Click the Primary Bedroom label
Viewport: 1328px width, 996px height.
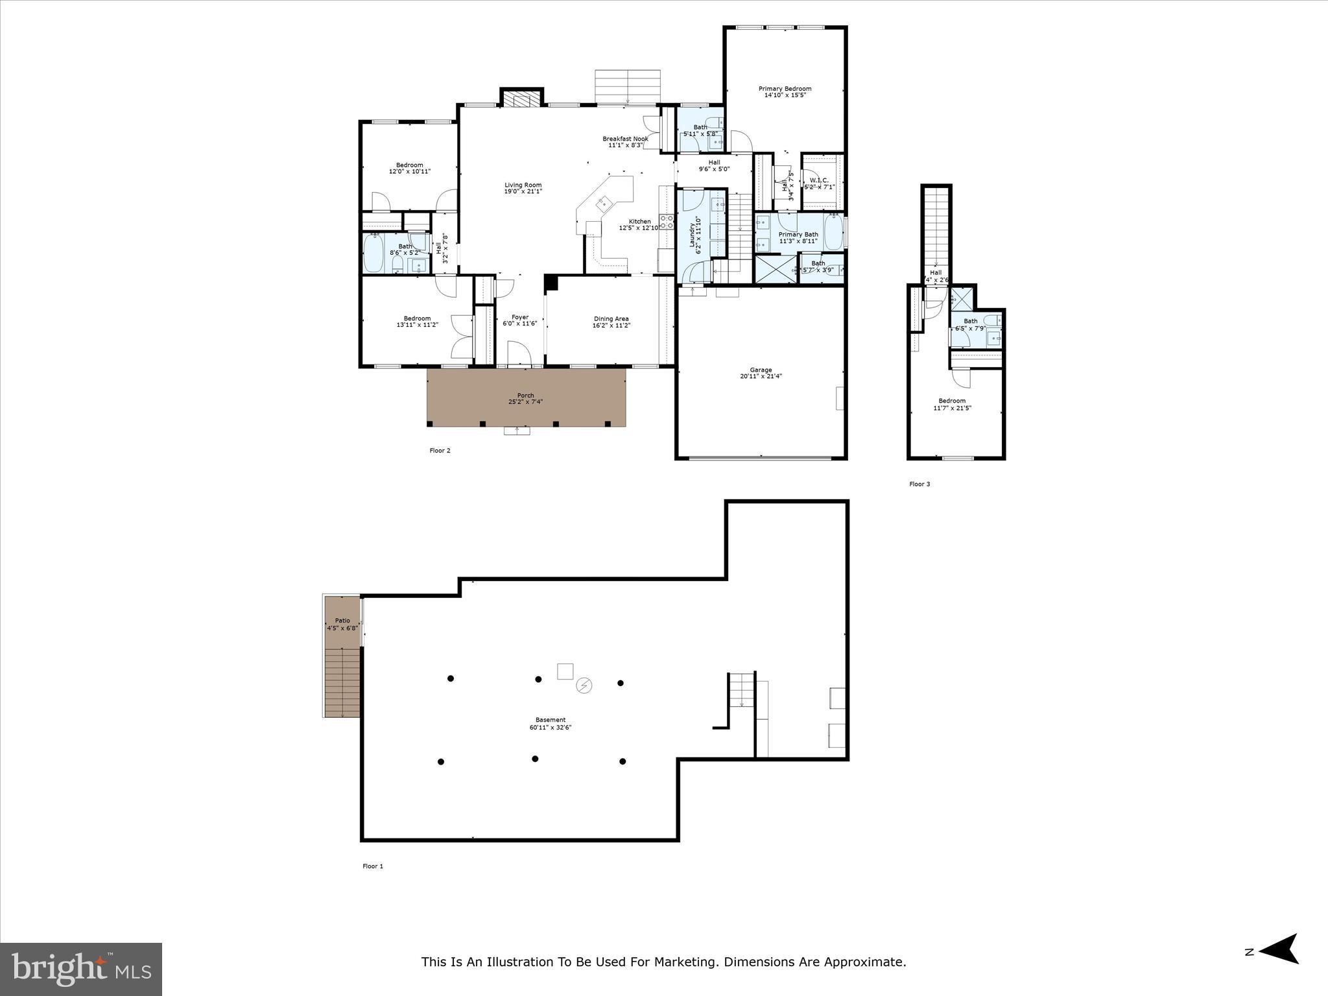[x=785, y=89]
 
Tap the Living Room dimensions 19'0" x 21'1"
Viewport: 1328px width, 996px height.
[x=523, y=191]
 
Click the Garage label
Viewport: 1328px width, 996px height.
[x=761, y=370]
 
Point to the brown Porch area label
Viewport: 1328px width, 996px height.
[x=525, y=396]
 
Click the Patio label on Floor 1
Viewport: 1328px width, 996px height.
[x=342, y=621]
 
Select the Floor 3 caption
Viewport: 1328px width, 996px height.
[x=919, y=484]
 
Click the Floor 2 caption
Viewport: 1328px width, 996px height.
[x=440, y=451]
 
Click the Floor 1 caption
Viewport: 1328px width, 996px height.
[x=373, y=866]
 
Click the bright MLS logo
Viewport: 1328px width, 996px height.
[x=81, y=969]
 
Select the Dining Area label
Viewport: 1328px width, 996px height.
[x=611, y=318]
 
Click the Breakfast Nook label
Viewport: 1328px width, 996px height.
[x=625, y=139]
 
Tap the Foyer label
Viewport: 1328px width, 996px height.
[x=520, y=317]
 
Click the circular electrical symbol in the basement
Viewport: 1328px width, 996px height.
[x=584, y=685]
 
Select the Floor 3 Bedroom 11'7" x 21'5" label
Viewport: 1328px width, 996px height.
[x=952, y=404]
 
